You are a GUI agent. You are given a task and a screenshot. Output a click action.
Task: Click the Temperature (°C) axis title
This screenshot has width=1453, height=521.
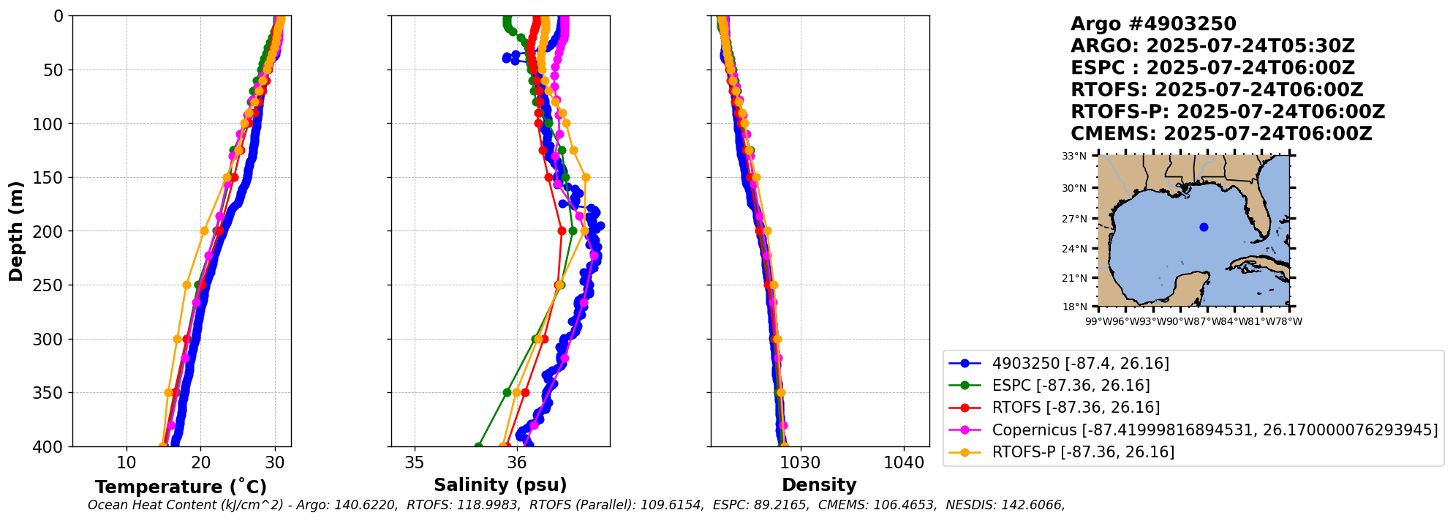click(x=181, y=487)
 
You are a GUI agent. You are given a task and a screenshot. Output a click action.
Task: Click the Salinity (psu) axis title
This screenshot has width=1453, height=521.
click(x=500, y=485)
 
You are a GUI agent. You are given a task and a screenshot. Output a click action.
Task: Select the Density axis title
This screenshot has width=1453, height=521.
click(x=819, y=485)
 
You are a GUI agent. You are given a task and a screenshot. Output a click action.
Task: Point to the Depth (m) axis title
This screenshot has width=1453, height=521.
click(x=16, y=231)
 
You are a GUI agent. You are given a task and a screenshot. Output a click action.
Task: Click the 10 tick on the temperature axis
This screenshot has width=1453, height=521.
click(x=127, y=462)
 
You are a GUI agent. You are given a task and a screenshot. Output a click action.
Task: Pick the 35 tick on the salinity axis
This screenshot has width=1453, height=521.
click(x=415, y=462)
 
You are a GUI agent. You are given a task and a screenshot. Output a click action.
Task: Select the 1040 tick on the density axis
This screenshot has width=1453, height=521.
click(x=904, y=462)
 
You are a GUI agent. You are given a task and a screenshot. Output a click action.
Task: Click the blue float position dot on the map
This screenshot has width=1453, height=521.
click(x=1204, y=227)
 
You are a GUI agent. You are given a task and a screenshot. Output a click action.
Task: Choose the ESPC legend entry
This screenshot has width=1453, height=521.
click(x=1071, y=386)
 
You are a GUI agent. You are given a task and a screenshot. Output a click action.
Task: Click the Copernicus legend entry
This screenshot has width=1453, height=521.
click(x=1214, y=430)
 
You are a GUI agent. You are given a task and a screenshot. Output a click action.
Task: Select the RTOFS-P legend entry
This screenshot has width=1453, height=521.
click(x=1082, y=452)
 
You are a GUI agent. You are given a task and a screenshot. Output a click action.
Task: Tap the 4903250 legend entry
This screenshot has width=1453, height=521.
click(x=1080, y=364)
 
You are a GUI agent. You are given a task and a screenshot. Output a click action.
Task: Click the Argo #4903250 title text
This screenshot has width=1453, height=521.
click(x=1153, y=24)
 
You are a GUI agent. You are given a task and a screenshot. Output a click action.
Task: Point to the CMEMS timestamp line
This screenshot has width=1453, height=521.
click(x=1221, y=134)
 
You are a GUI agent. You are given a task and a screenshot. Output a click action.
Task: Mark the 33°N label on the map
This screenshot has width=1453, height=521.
click(x=1074, y=156)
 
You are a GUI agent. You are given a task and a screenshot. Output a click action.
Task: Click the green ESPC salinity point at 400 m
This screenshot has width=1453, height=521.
click(x=478, y=446)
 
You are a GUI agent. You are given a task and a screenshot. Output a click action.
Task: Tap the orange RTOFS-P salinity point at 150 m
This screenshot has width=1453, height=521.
click(x=586, y=177)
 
